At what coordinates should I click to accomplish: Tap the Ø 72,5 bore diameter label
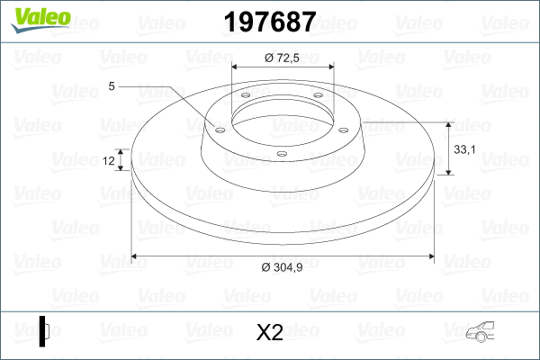[x=282, y=57]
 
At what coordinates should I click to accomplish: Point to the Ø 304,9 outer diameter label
[x=282, y=266]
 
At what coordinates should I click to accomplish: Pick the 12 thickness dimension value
[x=109, y=160]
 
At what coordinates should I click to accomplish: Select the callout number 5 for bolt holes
[x=112, y=86]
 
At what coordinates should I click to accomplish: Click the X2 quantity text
[x=270, y=333]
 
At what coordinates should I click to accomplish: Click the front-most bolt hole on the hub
[x=282, y=154]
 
